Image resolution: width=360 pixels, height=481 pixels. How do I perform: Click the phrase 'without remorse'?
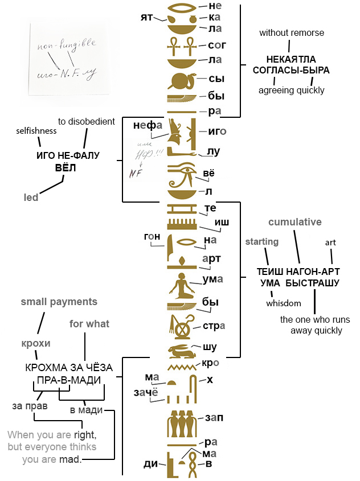pyautogui.click(x=292, y=32)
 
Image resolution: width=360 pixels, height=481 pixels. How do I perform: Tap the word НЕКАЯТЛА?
pyautogui.click(x=291, y=59)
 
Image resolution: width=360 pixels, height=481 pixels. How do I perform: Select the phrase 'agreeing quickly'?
pyautogui.click(x=291, y=90)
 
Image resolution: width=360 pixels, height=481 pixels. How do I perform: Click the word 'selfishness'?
pyautogui.click(x=36, y=131)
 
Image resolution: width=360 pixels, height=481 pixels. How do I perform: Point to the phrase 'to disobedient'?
pyautogui.click(x=87, y=121)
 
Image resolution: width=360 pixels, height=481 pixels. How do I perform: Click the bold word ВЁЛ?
pyautogui.click(x=65, y=168)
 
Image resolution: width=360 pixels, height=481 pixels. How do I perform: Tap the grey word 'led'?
pyautogui.click(x=31, y=198)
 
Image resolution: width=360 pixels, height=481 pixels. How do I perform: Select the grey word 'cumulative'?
pyautogui.click(x=295, y=222)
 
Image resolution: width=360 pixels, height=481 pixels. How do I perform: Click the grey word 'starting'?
pyautogui.click(x=261, y=241)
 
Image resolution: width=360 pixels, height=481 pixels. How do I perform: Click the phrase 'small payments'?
pyautogui.click(x=59, y=302)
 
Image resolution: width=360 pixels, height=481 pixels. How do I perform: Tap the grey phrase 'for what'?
pyautogui.click(x=89, y=324)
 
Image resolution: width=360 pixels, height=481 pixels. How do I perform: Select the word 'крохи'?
pyautogui.click(x=36, y=343)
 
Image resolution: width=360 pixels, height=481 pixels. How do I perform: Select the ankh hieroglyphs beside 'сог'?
pyautogui.click(x=182, y=44)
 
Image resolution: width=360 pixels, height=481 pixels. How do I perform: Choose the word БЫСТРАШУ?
pyautogui.click(x=313, y=282)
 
